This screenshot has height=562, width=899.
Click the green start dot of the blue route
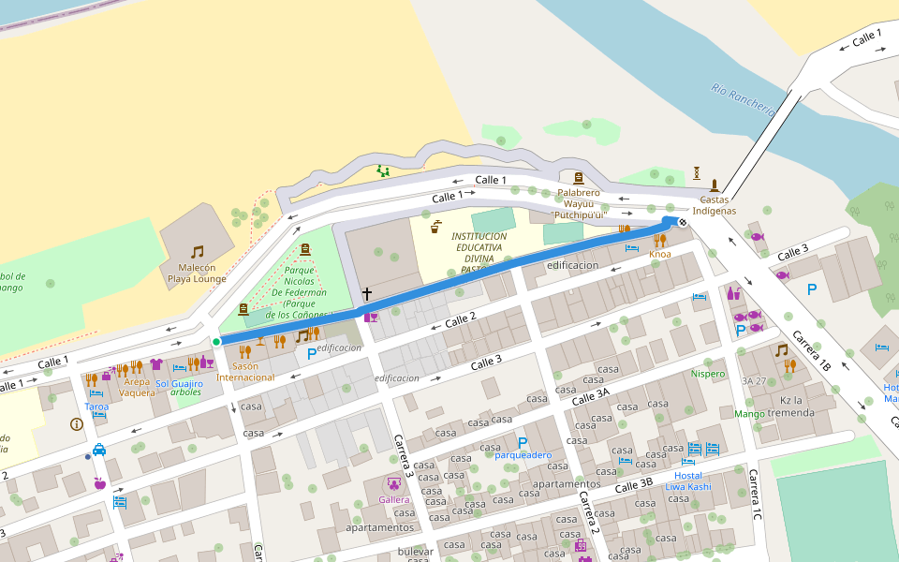tap(216, 342)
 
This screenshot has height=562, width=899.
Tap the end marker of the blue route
tap(683, 222)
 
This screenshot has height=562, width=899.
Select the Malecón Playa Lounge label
tap(197, 273)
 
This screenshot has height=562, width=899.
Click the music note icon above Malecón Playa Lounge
tap(197, 252)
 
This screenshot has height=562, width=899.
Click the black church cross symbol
tap(367, 295)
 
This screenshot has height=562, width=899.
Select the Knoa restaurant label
tap(660, 254)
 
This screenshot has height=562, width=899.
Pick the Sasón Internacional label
tap(245, 372)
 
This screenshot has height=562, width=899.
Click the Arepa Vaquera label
tap(137, 387)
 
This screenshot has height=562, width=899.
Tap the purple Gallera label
tap(394, 499)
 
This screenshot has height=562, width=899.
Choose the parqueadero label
tap(523, 455)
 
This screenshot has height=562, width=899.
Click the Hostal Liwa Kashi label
tap(688, 481)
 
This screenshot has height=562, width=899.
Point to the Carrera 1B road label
tap(811, 350)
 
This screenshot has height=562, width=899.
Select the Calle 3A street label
tap(591, 397)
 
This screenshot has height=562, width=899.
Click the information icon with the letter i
tap(77, 424)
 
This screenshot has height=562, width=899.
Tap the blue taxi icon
tap(99, 450)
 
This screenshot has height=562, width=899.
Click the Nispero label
tap(708, 374)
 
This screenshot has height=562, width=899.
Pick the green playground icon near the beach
tap(382, 170)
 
